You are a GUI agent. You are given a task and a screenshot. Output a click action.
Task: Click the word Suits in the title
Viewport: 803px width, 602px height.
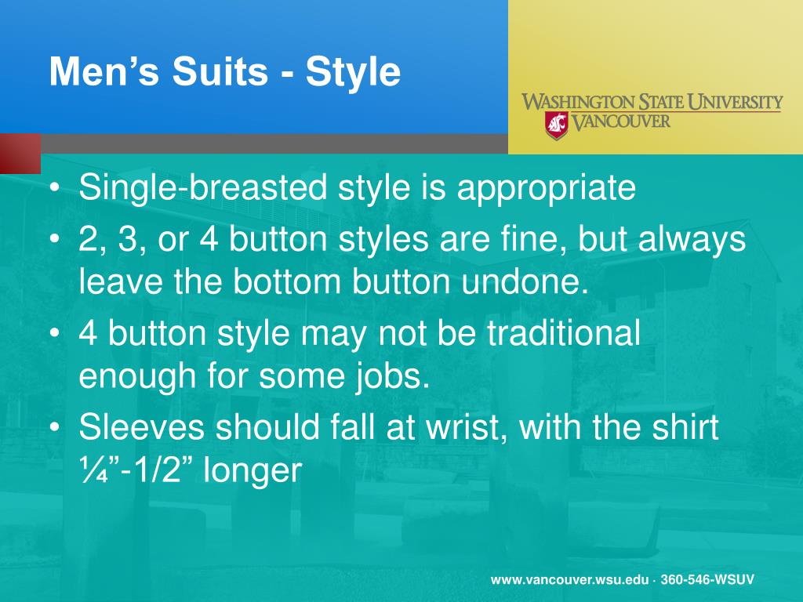pyautogui.click(x=220, y=71)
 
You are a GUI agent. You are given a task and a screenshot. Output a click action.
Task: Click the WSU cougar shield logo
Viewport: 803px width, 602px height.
pyautogui.click(x=556, y=125)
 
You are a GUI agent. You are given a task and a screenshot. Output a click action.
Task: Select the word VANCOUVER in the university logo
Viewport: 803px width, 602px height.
pyautogui.click(x=620, y=121)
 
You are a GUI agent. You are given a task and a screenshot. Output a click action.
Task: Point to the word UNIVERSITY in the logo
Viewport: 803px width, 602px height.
pyautogui.click(x=735, y=102)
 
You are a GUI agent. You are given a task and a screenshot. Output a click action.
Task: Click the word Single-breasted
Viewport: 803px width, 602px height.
pyautogui.click(x=203, y=188)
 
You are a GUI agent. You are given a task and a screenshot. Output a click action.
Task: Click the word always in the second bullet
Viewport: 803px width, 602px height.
pyautogui.click(x=692, y=240)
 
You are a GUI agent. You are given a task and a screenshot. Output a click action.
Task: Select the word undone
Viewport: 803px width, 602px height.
pyautogui.click(x=525, y=281)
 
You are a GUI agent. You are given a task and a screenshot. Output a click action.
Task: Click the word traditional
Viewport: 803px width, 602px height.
pyautogui.click(x=563, y=333)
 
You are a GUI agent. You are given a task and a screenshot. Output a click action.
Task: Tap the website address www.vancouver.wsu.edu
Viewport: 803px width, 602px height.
pyautogui.click(x=569, y=580)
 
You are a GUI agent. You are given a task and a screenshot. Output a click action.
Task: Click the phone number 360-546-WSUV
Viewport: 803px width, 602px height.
pyautogui.click(x=707, y=579)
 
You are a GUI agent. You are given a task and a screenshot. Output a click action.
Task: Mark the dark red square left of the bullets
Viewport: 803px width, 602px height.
pyautogui.click(x=20, y=154)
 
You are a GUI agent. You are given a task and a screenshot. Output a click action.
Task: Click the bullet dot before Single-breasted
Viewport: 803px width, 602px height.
pyautogui.click(x=55, y=188)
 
